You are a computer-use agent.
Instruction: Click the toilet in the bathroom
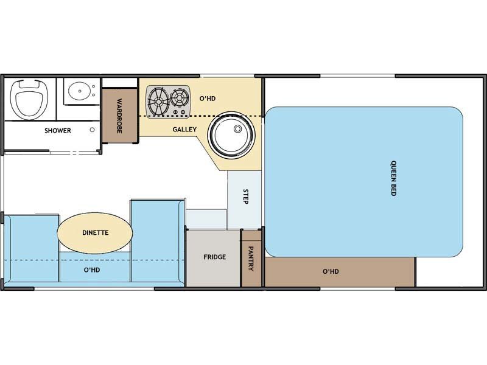30,99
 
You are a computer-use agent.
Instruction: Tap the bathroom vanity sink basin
80,91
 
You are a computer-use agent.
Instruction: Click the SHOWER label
58,131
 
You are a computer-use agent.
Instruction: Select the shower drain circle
93,130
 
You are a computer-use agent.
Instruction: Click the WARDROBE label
119,116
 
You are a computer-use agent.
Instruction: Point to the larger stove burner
158,101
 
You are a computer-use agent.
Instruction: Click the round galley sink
231,135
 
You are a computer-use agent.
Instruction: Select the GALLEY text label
184,130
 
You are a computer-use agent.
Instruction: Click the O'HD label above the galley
208,99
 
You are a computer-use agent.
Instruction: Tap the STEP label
246,196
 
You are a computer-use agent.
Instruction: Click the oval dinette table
95,233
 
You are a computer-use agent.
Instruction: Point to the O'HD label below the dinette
92,269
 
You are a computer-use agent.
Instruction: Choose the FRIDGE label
215,257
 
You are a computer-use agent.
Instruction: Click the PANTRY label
251,259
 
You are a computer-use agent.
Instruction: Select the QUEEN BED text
393,178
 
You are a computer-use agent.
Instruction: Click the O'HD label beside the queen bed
331,271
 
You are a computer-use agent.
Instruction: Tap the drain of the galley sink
237,128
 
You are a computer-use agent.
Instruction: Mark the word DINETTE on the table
96,232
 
